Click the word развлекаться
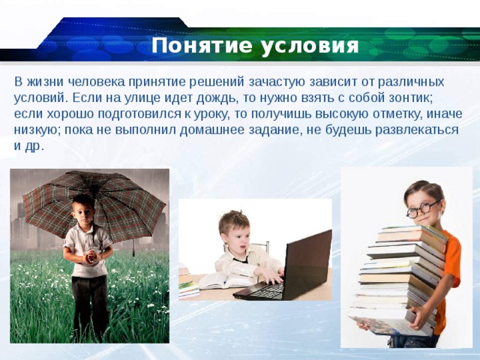pos(409,130)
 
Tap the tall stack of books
pos(397,277)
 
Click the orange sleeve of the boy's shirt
pos(452,255)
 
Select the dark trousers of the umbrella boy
pos(91,304)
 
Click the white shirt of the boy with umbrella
pos(87,243)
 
